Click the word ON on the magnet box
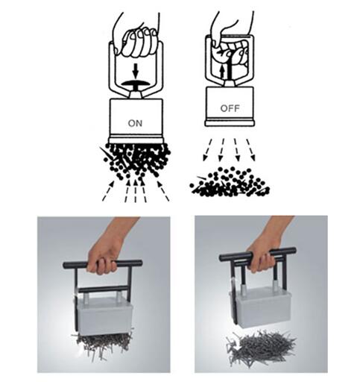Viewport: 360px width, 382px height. [x=135, y=123]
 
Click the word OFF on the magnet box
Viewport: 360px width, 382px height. [x=230, y=108]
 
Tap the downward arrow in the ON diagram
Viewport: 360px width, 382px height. [x=135, y=71]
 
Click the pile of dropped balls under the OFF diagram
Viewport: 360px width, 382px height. [x=230, y=181]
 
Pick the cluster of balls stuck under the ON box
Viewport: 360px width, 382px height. [x=136, y=159]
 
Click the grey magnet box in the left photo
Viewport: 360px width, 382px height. [x=105, y=316]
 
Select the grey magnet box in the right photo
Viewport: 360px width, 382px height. [x=259, y=307]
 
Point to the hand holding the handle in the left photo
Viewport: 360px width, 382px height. [x=107, y=251]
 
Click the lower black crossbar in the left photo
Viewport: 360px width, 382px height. [x=103, y=289]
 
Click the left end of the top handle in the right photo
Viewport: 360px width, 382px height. [x=221, y=257]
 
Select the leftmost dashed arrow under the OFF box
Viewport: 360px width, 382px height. [x=207, y=150]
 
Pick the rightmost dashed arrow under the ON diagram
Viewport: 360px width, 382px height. [x=163, y=190]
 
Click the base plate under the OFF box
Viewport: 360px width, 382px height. [x=230, y=123]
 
